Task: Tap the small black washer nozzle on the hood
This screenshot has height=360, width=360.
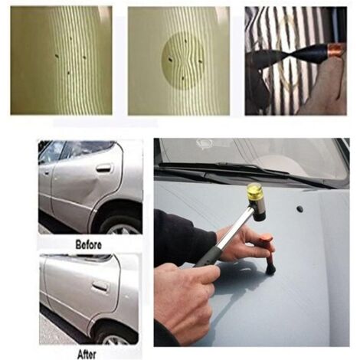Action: (x=299, y=208)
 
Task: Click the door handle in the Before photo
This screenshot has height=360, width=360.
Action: (x=103, y=169)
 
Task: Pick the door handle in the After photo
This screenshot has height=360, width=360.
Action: (x=100, y=286)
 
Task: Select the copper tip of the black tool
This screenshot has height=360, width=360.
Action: (x=335, y=52)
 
